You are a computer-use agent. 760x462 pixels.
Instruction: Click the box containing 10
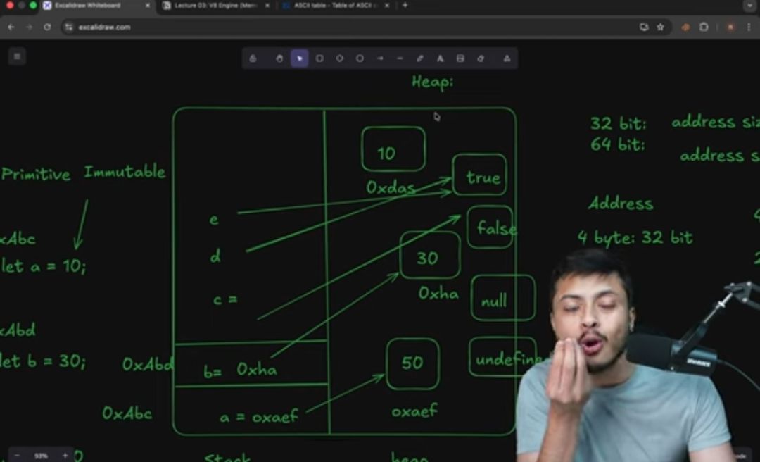point(393,149)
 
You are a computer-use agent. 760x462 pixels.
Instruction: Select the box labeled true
point(480,175)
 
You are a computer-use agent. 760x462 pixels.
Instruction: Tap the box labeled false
point(490,227)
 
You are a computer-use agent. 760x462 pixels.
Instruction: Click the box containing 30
point(429,255)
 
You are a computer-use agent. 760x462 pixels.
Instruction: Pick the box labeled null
point(502,299)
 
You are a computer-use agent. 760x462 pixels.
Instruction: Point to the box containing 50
point(412,363)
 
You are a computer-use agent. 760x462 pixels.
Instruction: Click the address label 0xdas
point(391,188)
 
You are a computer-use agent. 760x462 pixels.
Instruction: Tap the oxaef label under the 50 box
point(414,411)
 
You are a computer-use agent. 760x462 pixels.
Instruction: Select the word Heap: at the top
point(432,82)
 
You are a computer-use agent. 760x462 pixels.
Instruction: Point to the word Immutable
point(125,171)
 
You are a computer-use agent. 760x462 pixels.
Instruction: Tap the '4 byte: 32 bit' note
point(635,237)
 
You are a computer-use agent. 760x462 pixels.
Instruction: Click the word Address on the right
point(621,204)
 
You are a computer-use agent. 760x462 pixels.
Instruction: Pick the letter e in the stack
point(213,220)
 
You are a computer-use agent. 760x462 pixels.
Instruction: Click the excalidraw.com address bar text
point(104,27)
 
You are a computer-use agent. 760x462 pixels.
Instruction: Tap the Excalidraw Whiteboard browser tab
point(87,6)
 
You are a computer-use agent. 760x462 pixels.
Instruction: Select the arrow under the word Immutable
point(81,223)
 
